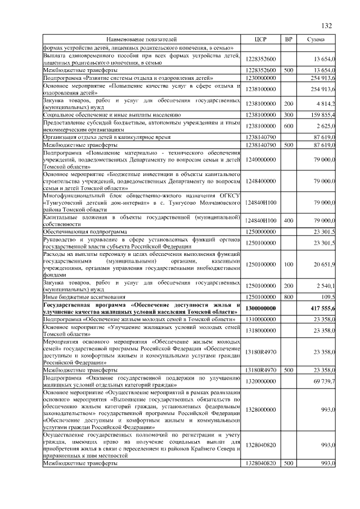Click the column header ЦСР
pos(260,39)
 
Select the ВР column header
pos(289,39)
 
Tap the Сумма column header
pos(317,39)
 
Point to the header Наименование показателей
pos(141,39)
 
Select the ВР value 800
pos(289,296)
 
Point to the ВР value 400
pos(289,220)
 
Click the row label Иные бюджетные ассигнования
pos(79,296)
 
